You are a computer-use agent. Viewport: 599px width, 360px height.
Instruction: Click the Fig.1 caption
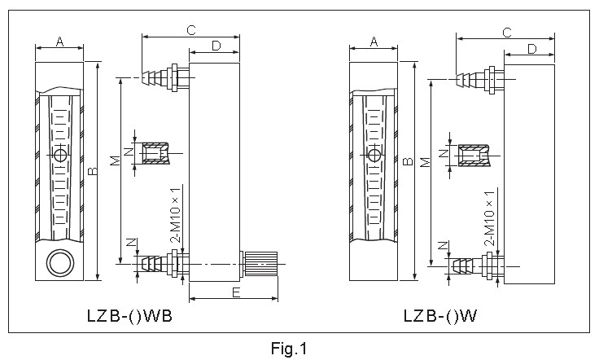pos(288,349)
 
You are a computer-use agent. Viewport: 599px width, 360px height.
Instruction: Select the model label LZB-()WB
pos(129,316)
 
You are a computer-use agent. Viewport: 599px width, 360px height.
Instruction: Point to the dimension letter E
pos(234,292)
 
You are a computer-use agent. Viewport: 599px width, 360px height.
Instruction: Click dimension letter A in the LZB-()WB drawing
pos(60,42)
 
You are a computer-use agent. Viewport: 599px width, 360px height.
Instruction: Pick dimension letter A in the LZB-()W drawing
pos(374,42)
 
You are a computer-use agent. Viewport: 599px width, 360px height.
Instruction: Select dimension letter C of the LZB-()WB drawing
pos(190,31)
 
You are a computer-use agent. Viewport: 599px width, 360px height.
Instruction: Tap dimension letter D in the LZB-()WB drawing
pos(216,46)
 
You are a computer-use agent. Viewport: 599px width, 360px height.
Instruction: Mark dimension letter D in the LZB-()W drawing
pos(531,50)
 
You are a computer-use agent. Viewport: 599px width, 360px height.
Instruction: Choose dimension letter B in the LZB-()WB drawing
pos(93,170)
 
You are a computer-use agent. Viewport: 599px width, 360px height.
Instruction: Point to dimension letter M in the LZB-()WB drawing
pos(115,160)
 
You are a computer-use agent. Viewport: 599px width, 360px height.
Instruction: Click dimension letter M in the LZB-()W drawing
pos(423,163)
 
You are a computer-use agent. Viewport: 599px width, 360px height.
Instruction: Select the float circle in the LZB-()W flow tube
pos(374,156)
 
